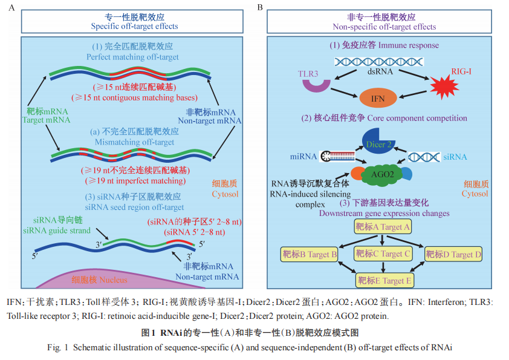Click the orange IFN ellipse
(378, 98)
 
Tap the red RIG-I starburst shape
(444, 87)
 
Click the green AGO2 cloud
(383, 175)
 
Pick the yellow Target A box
(383, 226)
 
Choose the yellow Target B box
(310, 254)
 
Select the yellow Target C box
(383, 254)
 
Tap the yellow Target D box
(453, 254)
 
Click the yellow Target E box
(384, 280)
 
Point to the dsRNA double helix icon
(379, 61)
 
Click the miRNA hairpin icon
(337, 156)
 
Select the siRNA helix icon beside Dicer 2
(424, 157)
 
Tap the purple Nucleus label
(99, 280)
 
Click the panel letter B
(260, 7)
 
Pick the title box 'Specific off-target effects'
(132, 21)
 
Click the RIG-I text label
(461, 71)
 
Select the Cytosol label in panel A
(225, 189)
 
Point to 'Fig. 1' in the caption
(57, 347)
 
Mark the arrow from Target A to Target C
(382, 240)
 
